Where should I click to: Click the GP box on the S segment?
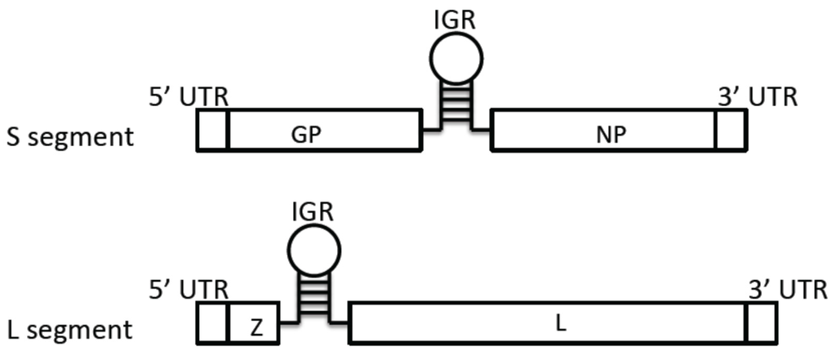[x=325, y=131]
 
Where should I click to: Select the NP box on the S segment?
[x=603, y=131]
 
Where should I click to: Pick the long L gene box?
[x=548, y=322]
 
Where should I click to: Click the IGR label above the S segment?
[x=456, y=17]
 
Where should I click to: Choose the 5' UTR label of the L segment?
[x=187, y=289]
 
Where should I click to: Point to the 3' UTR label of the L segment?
[x=787, y=289]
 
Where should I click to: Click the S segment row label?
[x=69, y=136]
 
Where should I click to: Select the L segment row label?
[x=69, y=329]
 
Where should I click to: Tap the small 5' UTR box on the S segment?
[x=212, y=131]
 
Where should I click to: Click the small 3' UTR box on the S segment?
[x=730, y=131]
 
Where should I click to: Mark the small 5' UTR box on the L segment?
[x=212, y=322]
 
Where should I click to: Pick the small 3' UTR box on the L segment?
[x=761, y=322]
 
